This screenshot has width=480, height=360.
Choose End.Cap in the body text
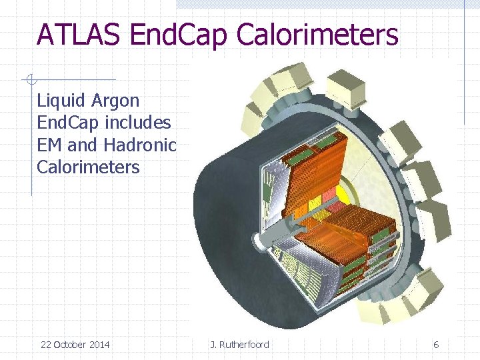pos(67,123)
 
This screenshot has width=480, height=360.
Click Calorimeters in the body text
pos(88,167)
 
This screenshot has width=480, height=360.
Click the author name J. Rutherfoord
pos(240,345)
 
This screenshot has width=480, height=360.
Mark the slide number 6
pos(436,345)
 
